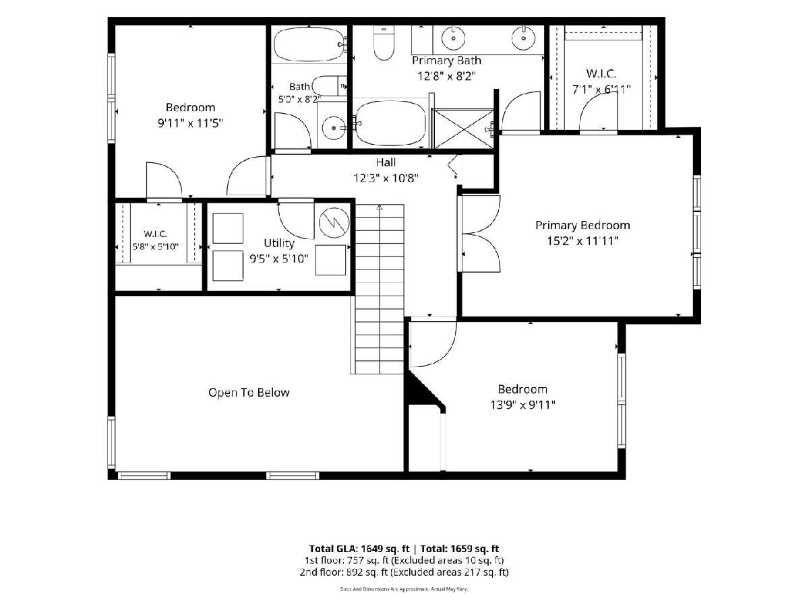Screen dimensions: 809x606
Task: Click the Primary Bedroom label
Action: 582,225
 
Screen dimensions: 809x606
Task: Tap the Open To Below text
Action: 249,393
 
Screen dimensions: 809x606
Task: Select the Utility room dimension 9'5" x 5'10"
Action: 278,259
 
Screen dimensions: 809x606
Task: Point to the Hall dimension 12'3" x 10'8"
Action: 386,178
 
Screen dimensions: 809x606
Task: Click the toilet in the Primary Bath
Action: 384,42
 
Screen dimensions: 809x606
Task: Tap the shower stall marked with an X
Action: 464,129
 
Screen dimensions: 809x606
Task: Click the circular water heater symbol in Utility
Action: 334,222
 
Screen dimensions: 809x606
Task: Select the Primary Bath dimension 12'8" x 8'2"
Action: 446,76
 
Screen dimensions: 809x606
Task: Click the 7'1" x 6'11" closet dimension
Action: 601,89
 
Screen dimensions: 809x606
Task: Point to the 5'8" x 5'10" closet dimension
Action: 156,246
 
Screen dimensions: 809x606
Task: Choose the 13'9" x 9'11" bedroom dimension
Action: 522,405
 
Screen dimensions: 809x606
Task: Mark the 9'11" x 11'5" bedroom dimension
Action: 190,123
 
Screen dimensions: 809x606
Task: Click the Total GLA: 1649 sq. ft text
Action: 359,549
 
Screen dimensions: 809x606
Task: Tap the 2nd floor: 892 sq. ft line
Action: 404,572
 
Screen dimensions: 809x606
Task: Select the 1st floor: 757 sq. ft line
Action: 404,560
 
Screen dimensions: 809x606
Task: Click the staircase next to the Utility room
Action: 380,290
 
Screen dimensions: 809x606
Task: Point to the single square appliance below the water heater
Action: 330,260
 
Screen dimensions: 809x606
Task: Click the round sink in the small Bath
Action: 334,128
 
